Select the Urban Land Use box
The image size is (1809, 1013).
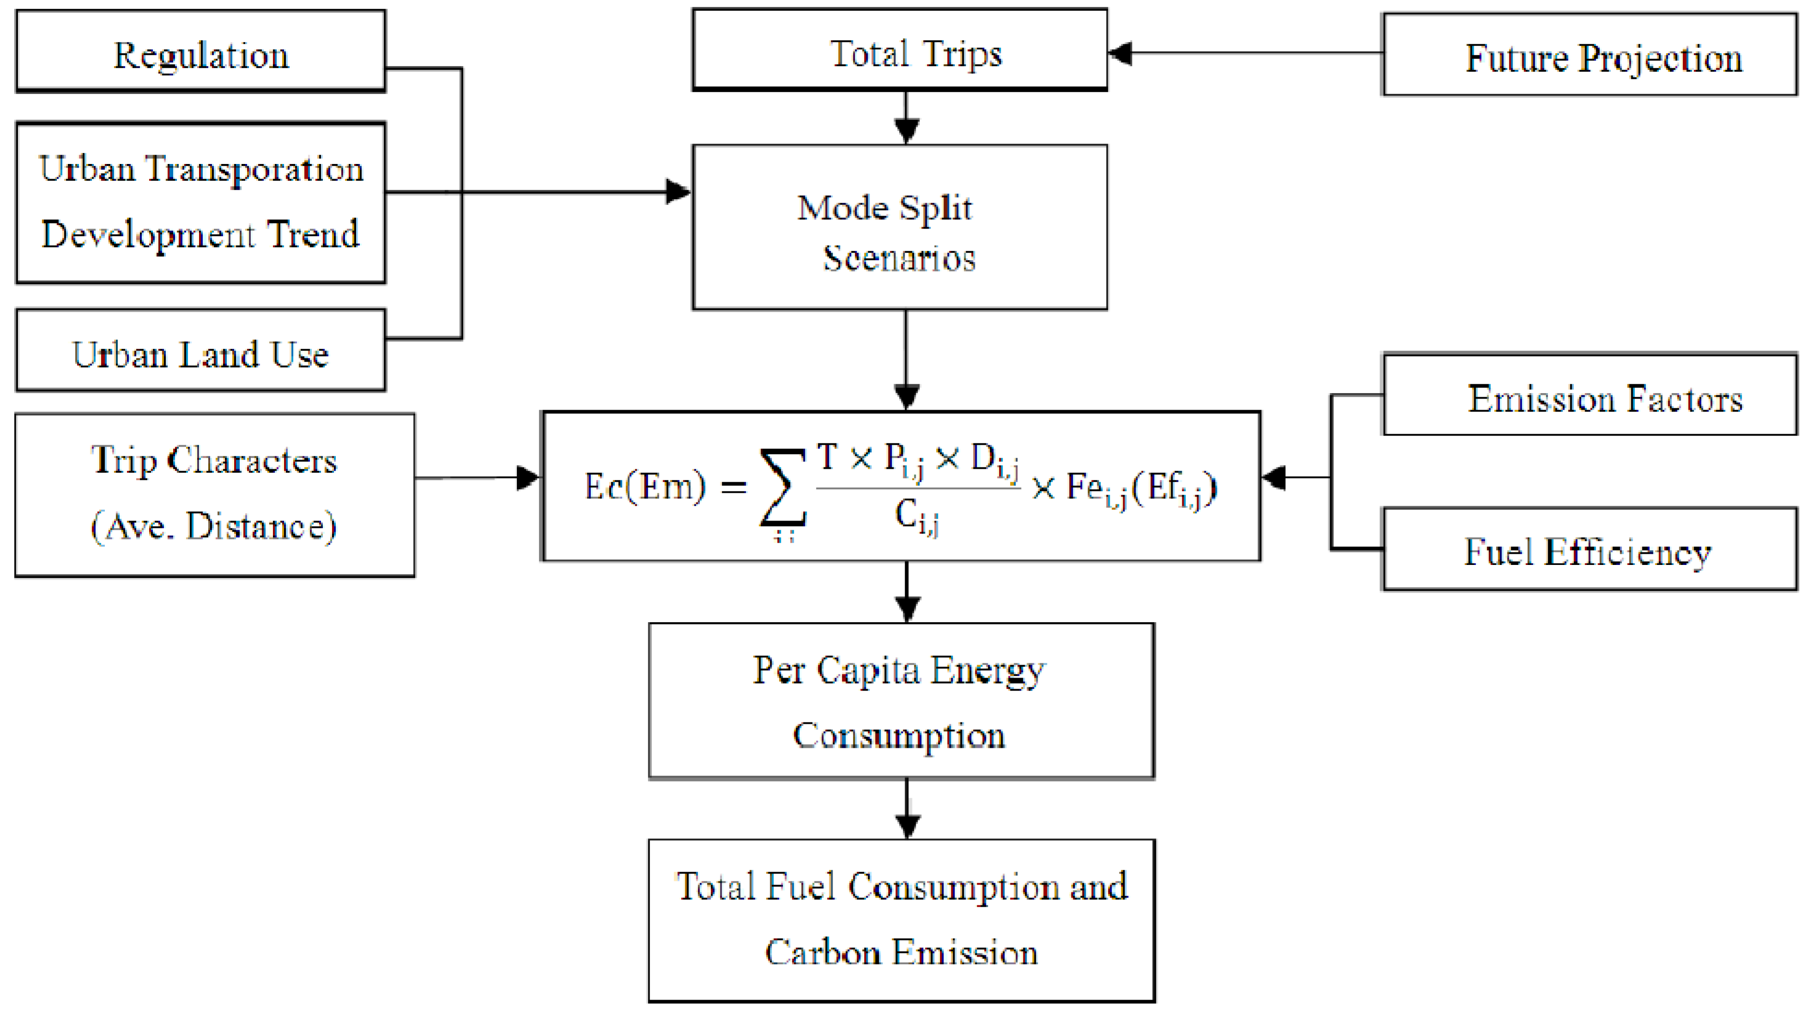point(201,351)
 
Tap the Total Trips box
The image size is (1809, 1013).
point(900,50)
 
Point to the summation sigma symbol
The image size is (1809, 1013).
point(783,488)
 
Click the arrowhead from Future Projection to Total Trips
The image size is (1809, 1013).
point(1121,53)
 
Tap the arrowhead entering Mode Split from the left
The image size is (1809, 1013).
point(678,191)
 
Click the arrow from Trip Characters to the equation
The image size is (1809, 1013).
point(478,479)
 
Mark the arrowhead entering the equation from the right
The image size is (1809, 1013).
point(1274,478)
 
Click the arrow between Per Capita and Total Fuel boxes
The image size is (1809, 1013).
point(908,808)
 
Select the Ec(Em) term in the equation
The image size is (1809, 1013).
point(645,486)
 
